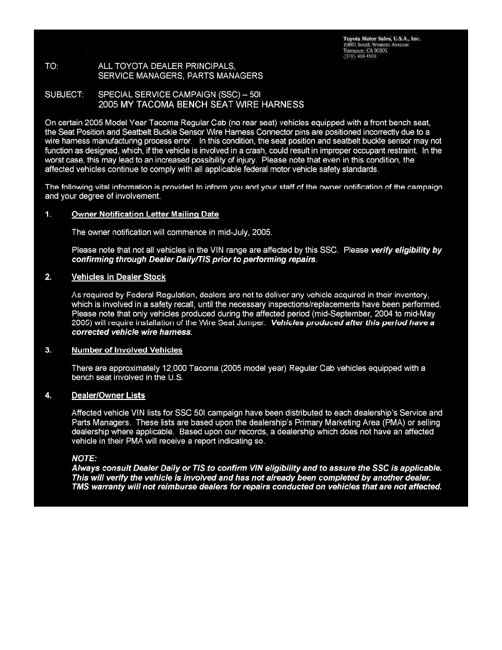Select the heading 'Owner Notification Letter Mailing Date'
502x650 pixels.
(x=145, y=214)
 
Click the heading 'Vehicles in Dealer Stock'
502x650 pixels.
(x=119, y=277)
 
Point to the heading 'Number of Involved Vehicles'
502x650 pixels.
(x=127, y=350)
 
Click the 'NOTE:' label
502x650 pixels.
(x=84, y=459)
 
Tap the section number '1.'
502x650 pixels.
(x=48, y=214)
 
